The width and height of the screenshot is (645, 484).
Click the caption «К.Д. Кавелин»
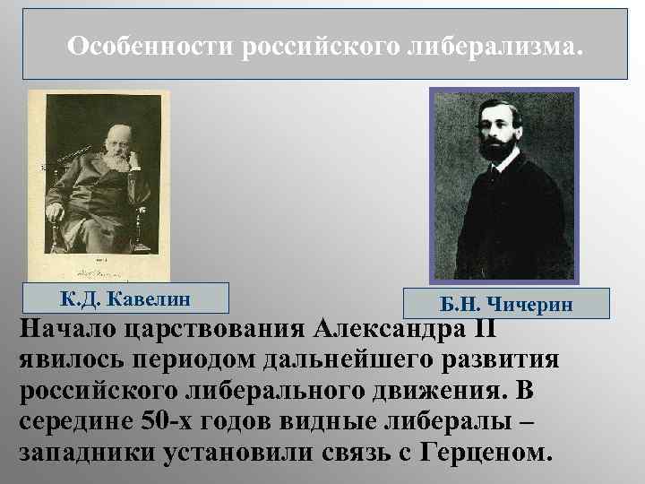(x=126, y=298)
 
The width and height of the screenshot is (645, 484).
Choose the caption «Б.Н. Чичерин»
(x=506, y=305)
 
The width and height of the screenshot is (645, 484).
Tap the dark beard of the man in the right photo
(x=497, y=148)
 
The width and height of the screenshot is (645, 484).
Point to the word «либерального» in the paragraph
(x=297, y=391)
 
